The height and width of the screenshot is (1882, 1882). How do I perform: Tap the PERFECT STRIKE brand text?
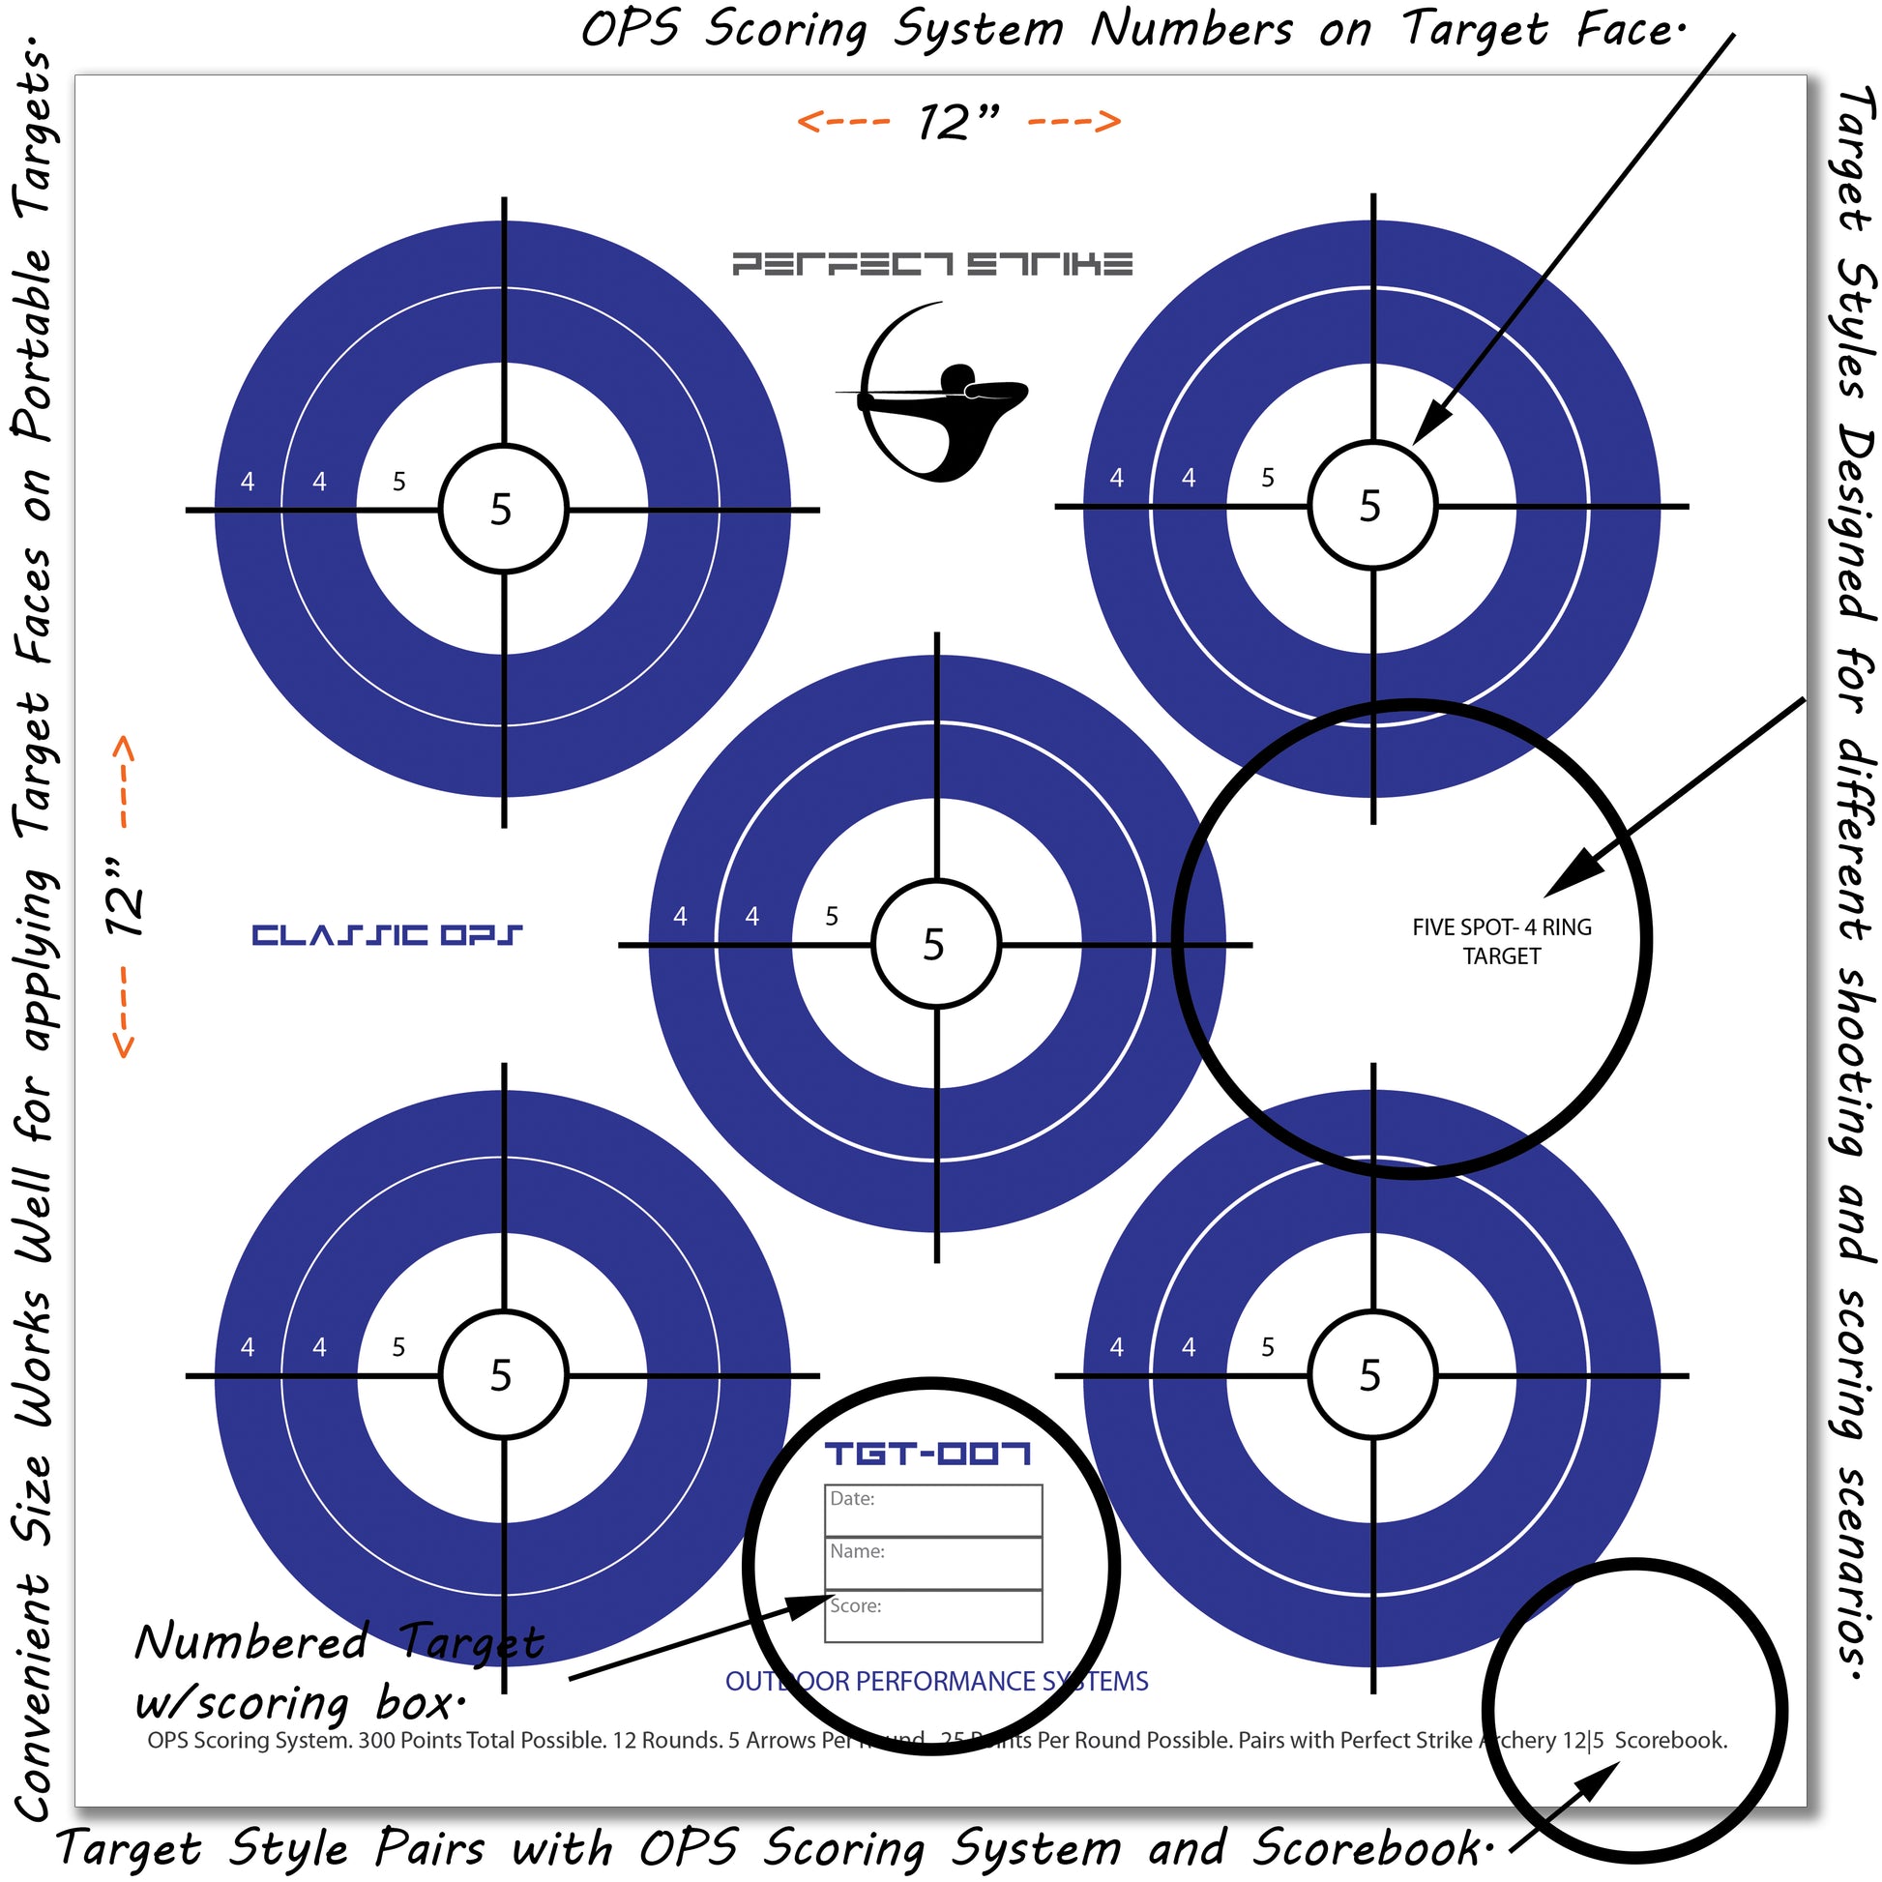932,264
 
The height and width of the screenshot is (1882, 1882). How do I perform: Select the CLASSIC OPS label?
387,935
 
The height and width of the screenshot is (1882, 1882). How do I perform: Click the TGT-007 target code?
927,1455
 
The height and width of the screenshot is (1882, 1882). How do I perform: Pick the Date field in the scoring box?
933,1511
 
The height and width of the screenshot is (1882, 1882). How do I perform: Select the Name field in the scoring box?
933,1564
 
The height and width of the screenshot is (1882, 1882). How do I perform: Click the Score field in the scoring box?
933,1616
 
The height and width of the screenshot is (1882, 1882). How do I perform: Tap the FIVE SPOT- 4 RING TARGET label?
1501,941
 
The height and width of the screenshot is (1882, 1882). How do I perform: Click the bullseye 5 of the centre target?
934,945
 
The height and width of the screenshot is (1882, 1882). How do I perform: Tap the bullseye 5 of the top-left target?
502,510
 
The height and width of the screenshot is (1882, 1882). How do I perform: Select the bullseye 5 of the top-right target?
1370,507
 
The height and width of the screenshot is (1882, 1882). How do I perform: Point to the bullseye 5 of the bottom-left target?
502,1375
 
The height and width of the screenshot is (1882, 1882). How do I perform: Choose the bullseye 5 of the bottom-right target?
1370,1375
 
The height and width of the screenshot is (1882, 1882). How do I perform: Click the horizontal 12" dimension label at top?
958,122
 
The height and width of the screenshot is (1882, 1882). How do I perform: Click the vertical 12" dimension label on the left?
124,897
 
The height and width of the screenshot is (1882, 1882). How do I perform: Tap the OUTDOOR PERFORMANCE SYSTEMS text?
936,1682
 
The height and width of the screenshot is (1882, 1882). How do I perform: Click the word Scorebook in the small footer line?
1669,1740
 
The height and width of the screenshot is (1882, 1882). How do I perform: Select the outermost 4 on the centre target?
680,917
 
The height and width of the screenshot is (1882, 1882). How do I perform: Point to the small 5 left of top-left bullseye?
398,482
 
